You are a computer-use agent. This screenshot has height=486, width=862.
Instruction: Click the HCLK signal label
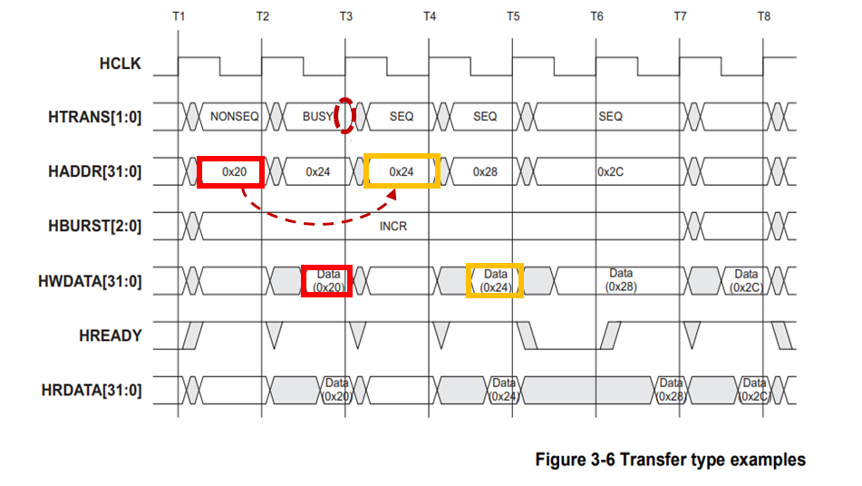click(120, 64)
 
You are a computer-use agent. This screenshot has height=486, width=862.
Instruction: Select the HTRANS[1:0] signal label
click(96, 117)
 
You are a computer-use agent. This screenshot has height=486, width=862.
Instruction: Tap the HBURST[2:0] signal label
click(95, 226)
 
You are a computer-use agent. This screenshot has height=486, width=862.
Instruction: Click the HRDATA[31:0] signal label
click(92, 391)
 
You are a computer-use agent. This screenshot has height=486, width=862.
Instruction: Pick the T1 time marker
click(178, 17)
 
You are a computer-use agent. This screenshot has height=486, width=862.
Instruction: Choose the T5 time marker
click(513, 17)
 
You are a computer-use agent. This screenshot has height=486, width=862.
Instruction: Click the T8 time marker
click(764, 17)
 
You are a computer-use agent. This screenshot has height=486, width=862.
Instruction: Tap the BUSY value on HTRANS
click(318, 117)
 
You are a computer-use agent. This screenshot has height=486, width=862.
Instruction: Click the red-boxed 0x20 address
click(230, 171)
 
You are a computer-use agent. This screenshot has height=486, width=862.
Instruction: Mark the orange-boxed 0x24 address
click(402, 171)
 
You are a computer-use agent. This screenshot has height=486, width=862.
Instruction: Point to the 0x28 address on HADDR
click(486, 171)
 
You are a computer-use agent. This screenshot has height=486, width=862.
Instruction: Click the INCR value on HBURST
click(392, 226)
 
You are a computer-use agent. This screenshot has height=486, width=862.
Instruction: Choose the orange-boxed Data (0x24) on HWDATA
click(495, 280)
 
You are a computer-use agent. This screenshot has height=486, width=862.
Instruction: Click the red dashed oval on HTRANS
click(343, 116)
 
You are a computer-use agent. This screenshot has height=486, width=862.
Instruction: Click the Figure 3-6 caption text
click(670, 460)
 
